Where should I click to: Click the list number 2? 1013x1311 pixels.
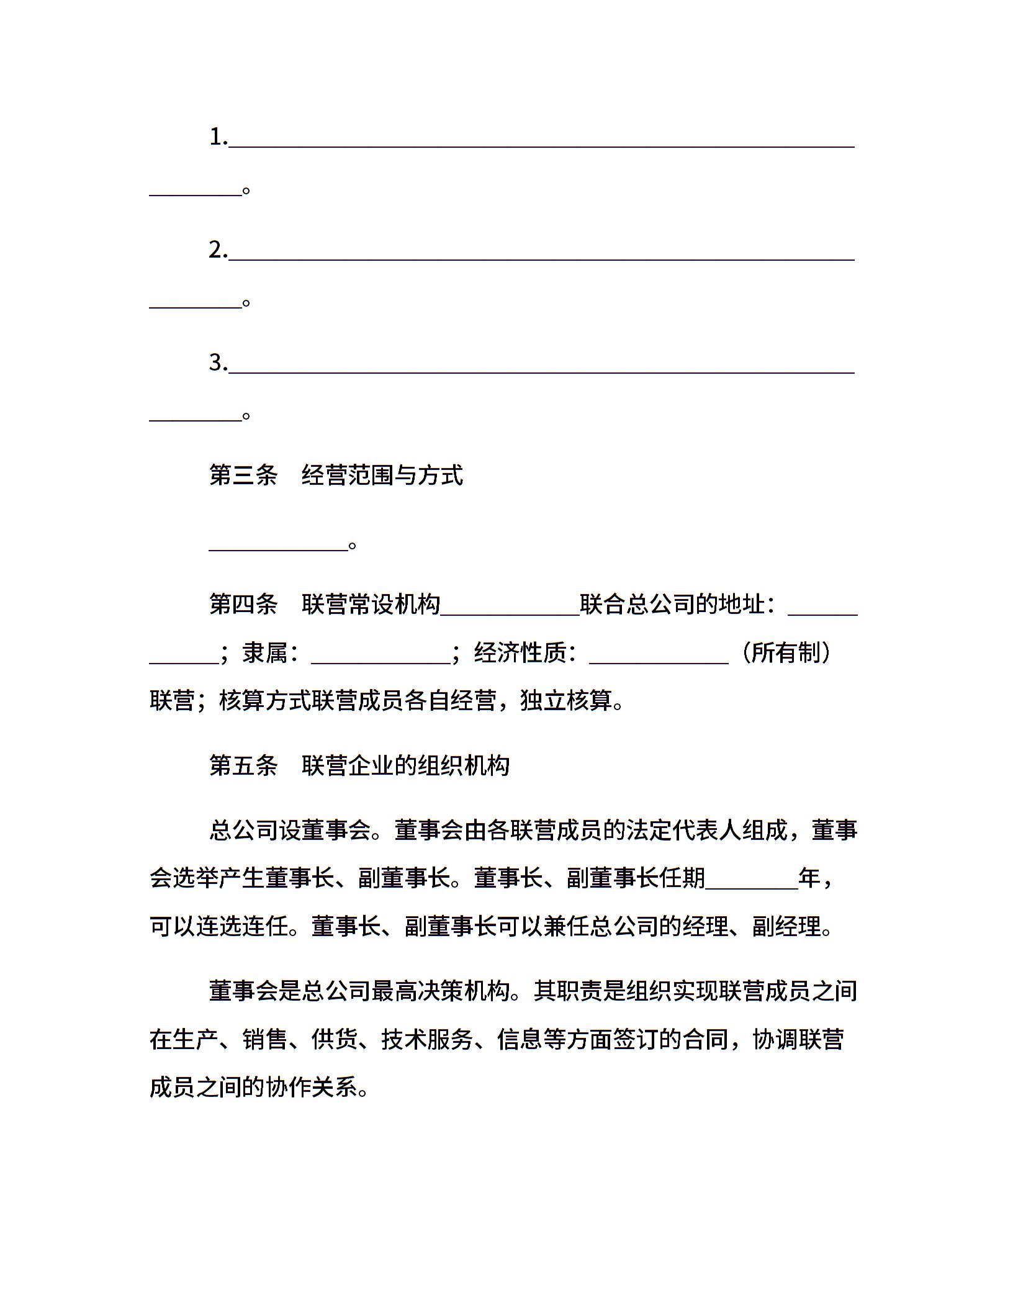click(217, 250)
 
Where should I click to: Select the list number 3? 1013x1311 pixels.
click(217, 363)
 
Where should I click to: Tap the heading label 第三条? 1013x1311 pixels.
click(243, 475)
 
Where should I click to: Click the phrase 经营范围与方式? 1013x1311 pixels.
click(382, 475)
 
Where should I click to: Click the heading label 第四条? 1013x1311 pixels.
click(243, 604)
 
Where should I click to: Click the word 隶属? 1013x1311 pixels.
click(265, 653)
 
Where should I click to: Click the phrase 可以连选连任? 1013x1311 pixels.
click(219, 927)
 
